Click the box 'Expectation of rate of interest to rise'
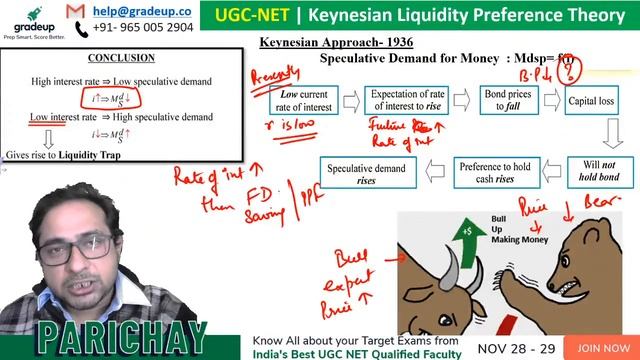(x=402, y=102)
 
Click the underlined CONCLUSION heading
(x=120, y=59)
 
